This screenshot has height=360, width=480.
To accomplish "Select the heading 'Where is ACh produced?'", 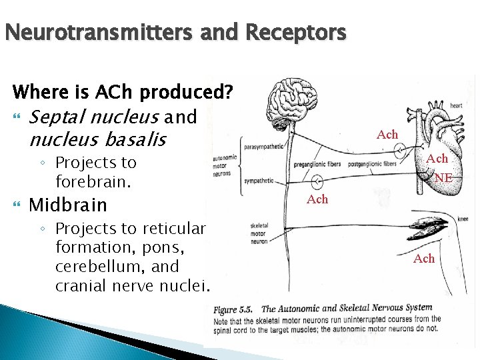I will point(123,91).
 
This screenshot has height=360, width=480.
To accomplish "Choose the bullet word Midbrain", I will point(67,203).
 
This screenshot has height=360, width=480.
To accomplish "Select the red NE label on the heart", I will point(443,178).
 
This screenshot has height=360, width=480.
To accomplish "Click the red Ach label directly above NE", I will point(437,159).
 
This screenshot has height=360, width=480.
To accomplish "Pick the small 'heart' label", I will point(456,105).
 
